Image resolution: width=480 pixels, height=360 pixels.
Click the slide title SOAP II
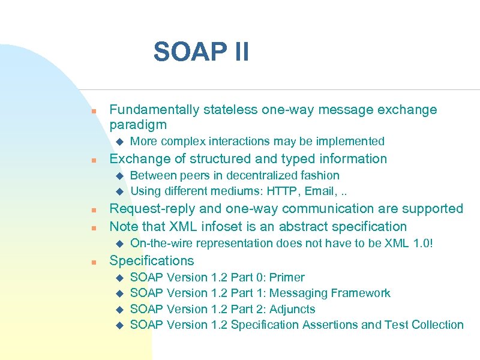(x=201, y=52)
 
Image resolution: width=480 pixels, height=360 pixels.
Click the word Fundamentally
(x=154, y=110)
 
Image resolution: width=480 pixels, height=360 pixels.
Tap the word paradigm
(x=137, y=125)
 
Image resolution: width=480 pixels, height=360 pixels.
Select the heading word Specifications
(x=151, y=260)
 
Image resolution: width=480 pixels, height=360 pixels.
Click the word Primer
(x=287, y=277)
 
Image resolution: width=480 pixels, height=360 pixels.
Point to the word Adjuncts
(x=292, y=309)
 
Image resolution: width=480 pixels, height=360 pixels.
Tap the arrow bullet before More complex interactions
(x=118, y=142)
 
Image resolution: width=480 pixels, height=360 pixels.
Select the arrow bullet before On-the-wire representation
(x=118, y=243)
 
